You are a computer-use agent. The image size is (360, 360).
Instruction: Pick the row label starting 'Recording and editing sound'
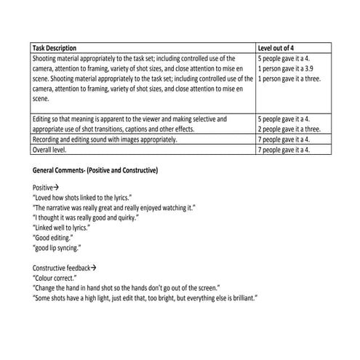coord(104,139)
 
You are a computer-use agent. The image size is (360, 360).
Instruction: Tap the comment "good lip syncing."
coord(58,247)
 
